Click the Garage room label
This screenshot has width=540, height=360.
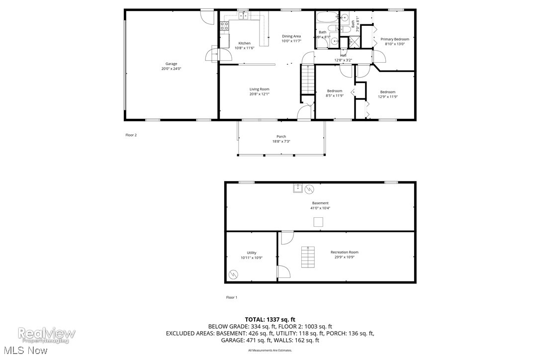(171, 64)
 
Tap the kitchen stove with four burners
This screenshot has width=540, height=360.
(225, 25)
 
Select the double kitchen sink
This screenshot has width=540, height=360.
(244, 16)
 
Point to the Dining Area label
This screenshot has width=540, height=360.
(291, 36)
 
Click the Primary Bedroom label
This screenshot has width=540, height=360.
(395, 39)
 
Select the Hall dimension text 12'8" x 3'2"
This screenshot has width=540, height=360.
(343, 60)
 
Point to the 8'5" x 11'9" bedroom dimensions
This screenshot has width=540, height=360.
(334, 96)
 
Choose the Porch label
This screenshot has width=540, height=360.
(281, 137)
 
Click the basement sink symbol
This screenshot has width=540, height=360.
(298, 188)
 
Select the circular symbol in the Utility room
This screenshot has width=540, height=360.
(234, 273)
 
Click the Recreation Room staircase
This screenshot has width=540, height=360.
(308, 257)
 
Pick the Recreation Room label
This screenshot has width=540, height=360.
(344, 252)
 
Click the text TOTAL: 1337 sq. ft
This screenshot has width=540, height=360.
(270, 319)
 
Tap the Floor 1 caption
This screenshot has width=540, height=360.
(232, 297)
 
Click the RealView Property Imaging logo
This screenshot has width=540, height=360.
(47, 335)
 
